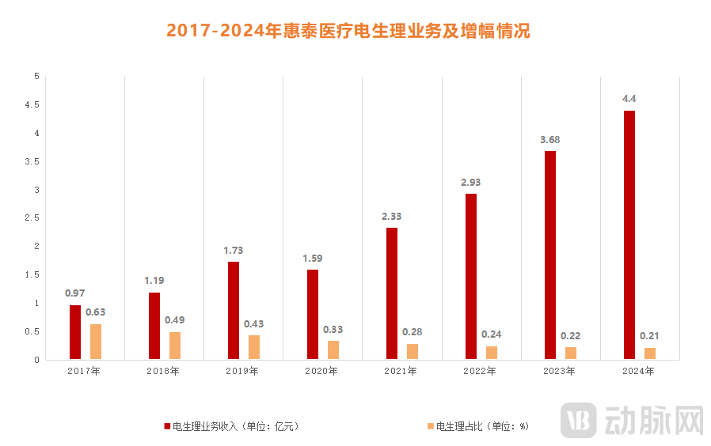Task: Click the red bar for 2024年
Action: [x=629, y=235]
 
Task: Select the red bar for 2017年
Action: [x=75, y=332]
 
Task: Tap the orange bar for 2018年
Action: [x=175, y=346]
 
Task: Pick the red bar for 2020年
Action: [x=313, y=315]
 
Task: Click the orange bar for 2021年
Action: [x=413, y=352]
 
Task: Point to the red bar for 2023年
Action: [x=550, y=255]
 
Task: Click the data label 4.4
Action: [x=629, y=98]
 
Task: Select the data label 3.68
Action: [x=550, y=139]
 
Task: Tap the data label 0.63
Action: [x=96, y=312]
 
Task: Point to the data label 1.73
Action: [x=234, y=250]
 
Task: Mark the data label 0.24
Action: [x=492, y=334]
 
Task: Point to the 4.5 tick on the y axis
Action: [x=32, y=104]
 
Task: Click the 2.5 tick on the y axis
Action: [x=32, y=217]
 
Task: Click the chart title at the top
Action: [x=348, y=31]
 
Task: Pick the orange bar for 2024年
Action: [x=650, y=353]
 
